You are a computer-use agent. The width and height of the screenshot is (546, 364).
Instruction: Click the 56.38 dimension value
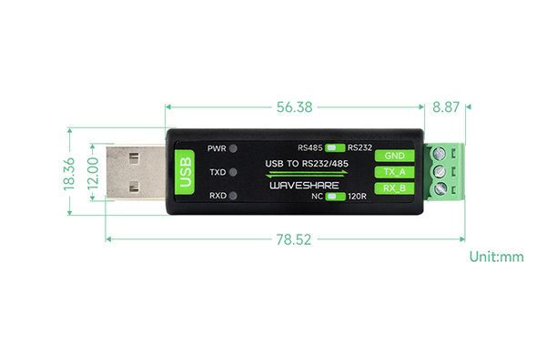pos(293,106)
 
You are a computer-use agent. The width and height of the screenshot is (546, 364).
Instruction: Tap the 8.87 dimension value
pos(446,106)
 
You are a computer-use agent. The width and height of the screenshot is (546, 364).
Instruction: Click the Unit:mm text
pos(497,257)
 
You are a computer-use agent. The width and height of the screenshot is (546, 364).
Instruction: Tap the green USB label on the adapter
pos(186,171)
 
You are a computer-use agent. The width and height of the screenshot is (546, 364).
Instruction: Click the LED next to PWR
pos(235,148)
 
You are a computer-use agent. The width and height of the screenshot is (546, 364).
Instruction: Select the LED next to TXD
pos(235,172)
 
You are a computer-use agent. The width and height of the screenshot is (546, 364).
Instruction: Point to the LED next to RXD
pos(235,196)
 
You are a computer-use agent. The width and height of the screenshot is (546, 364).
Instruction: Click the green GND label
pos(394,156)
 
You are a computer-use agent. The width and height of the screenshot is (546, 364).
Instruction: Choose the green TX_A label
pos(394,172)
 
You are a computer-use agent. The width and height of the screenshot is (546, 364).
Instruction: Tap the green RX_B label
pos(394,188)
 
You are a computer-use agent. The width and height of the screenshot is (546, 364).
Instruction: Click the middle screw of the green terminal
pos(440,172)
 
